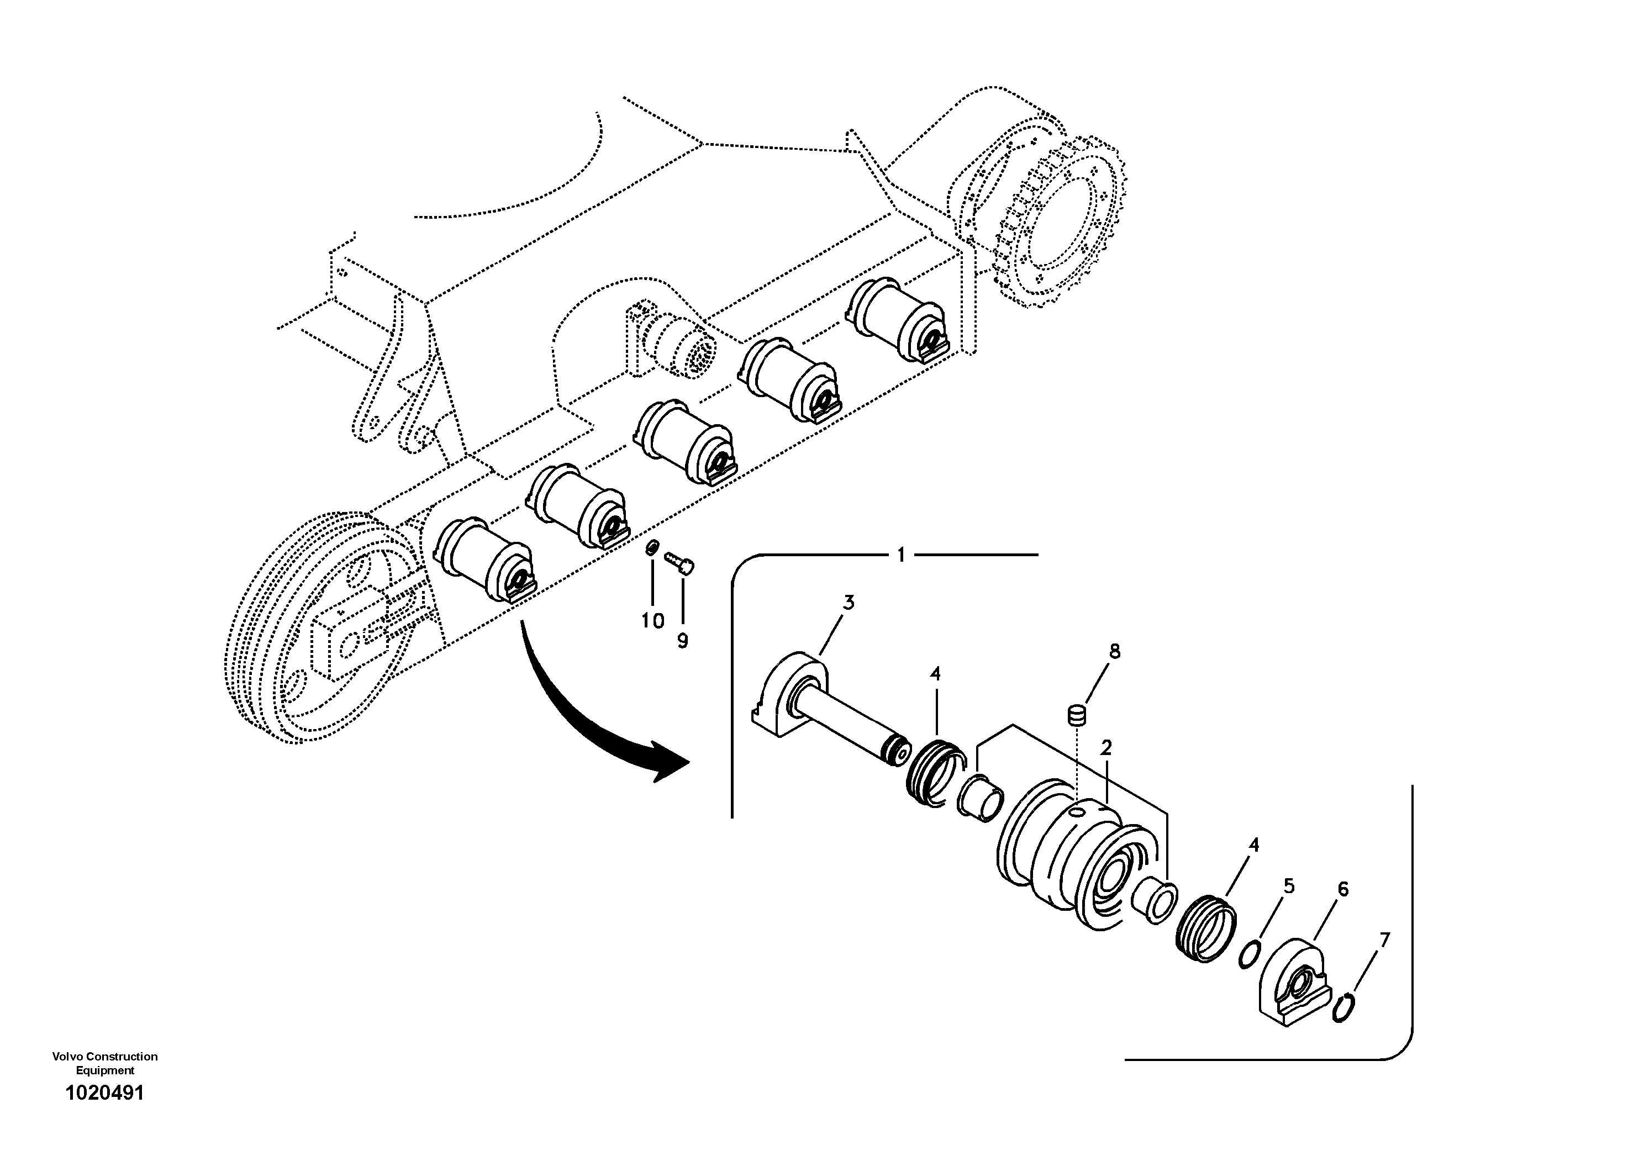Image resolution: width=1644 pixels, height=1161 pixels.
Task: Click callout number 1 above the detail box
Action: [x=901, y=555]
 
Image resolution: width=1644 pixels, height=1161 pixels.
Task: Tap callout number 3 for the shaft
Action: [x=848, y=603]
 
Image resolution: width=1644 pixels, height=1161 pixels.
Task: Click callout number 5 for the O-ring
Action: [x=1289, y=887]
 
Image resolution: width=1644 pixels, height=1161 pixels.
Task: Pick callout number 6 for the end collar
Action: [x=1342, y=890]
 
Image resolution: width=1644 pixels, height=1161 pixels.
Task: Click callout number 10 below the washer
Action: [x=652, y=621]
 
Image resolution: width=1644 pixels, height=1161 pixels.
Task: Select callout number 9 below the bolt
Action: [x=682, y=641]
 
